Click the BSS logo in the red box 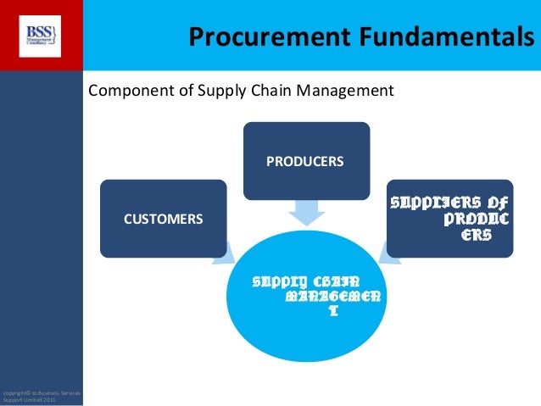point(40,35)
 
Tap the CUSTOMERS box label point(164,218)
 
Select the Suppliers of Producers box point(450,219)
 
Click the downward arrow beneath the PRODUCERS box point(306,211)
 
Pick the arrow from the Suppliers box point(386,247)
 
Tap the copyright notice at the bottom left point(41,395)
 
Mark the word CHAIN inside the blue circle point(334,281)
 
